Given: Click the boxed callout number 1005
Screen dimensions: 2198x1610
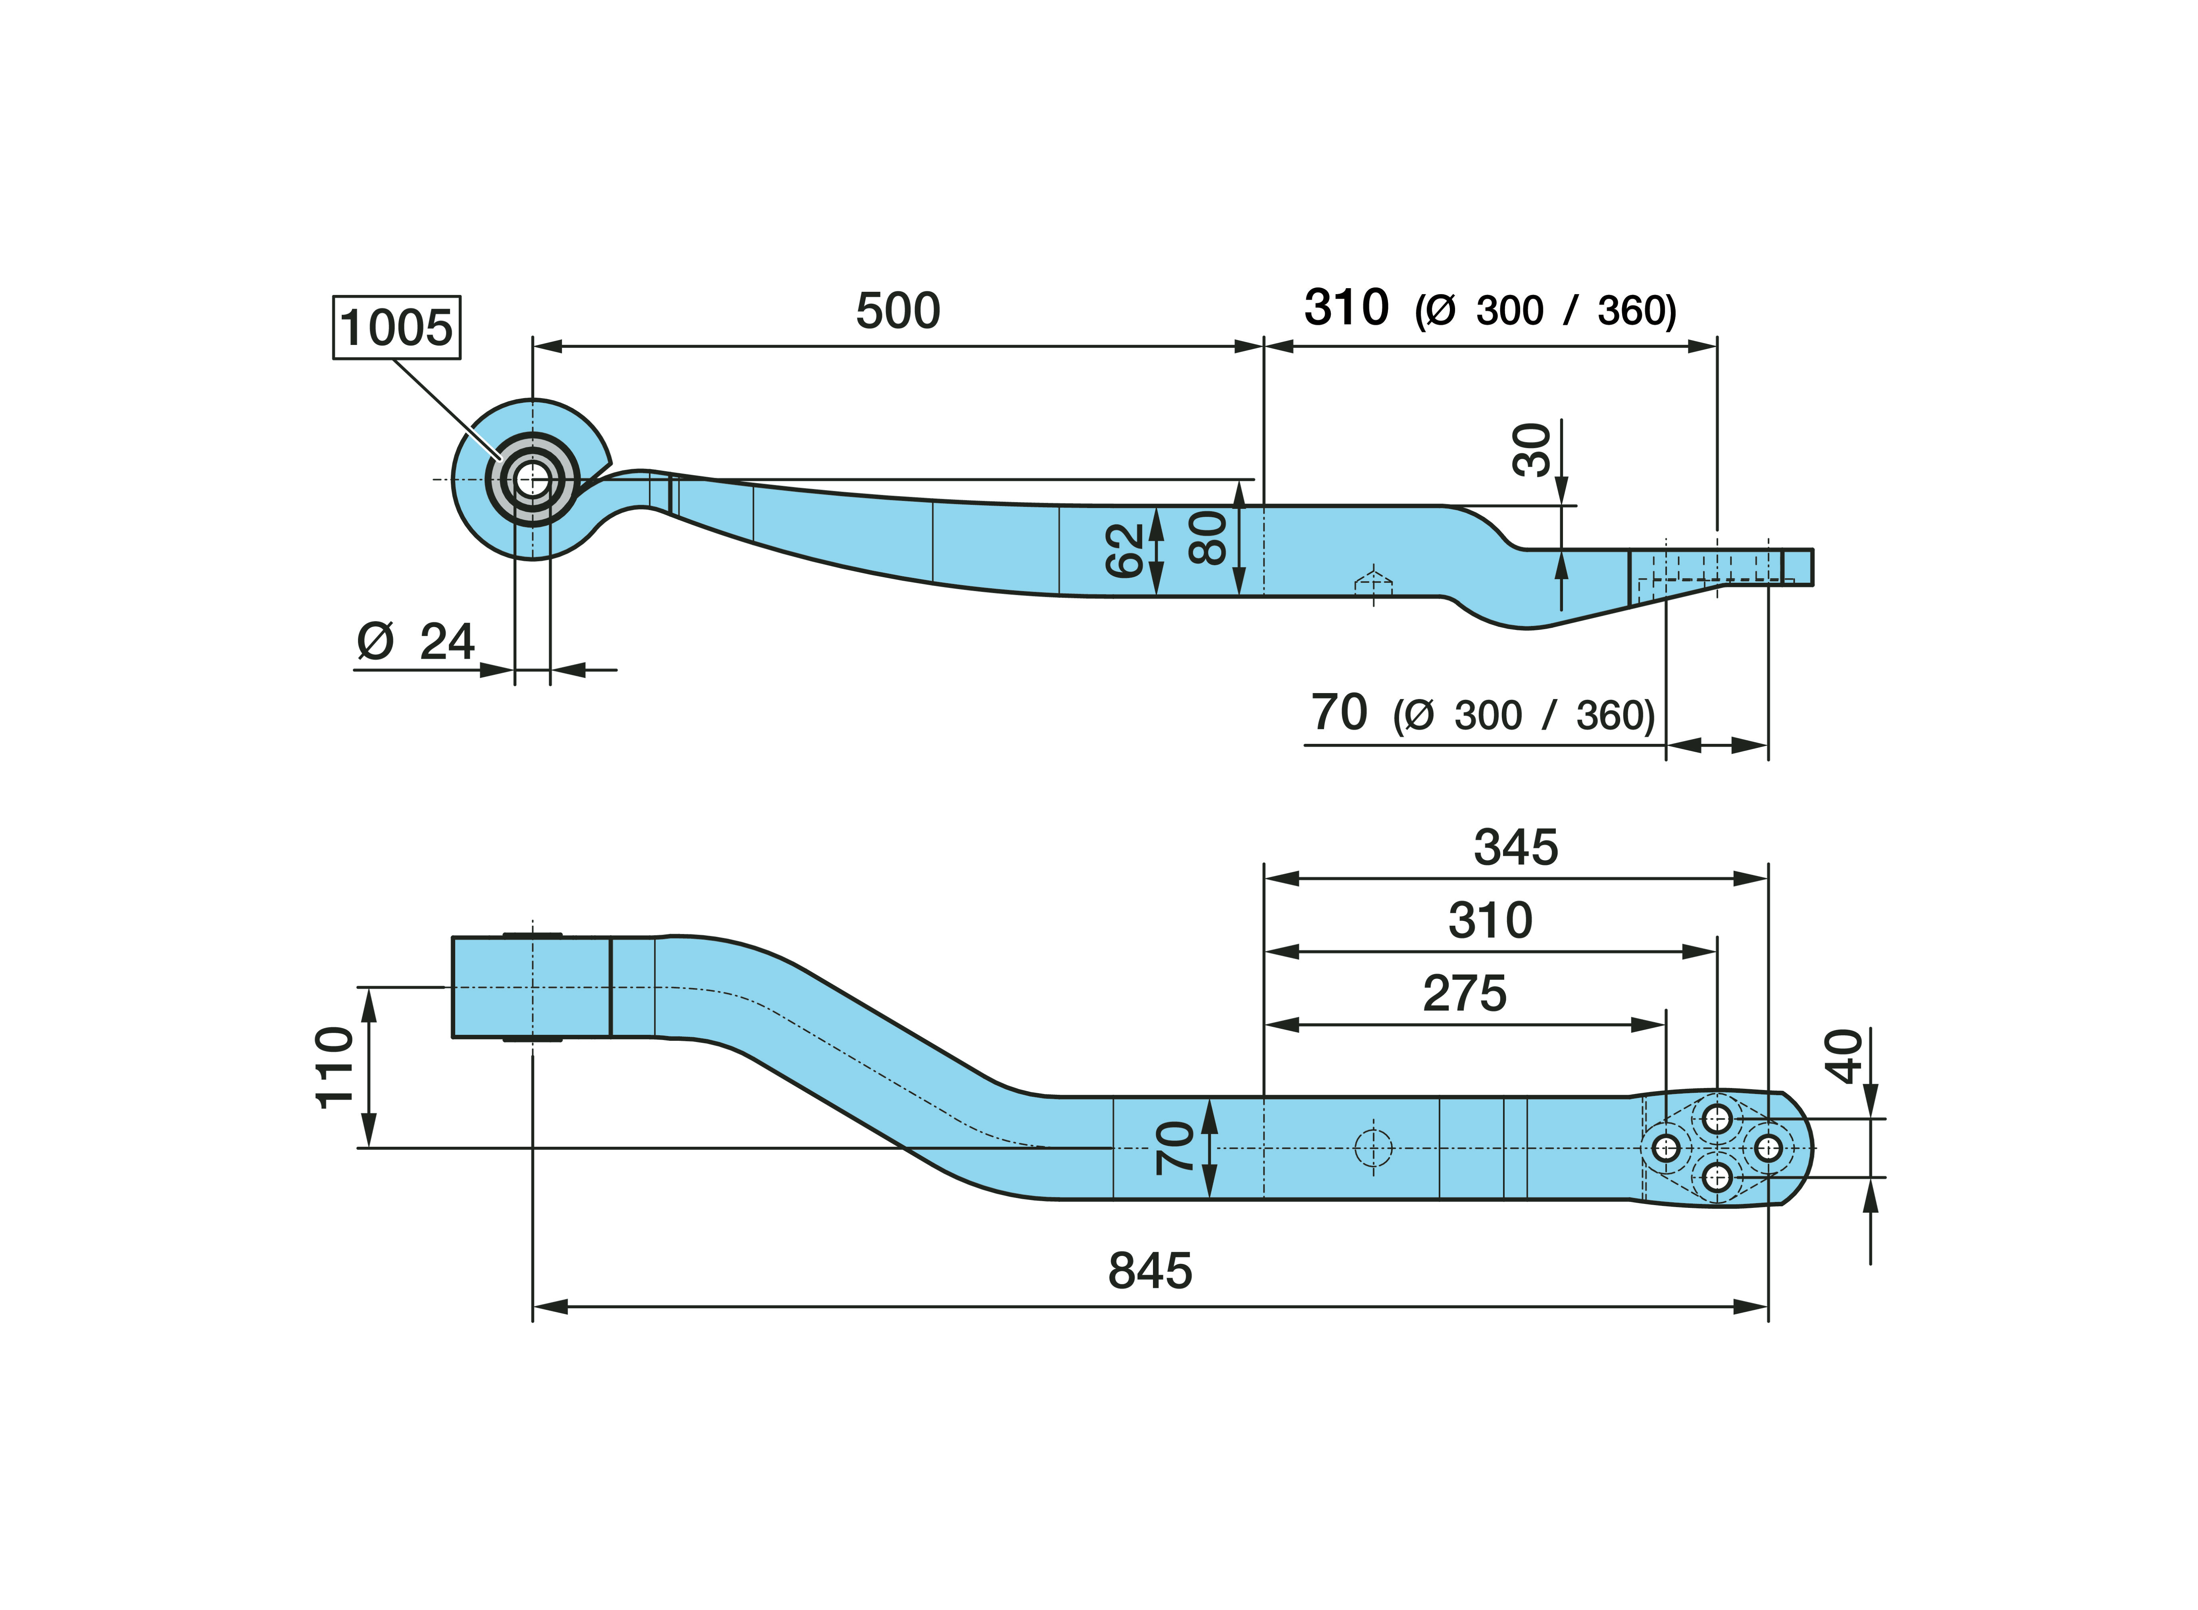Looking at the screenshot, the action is tap(396, 327).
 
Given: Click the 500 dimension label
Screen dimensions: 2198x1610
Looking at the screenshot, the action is tap(897, 311).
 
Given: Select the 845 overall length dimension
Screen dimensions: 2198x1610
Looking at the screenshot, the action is tap(1150, 1271).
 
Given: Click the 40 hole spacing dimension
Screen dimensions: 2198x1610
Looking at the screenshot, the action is tap(1844, 1056).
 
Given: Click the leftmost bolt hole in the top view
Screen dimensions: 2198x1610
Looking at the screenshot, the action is tap(1666, 1148).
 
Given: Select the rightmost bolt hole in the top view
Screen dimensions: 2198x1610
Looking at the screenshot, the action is tap(1768, 1148).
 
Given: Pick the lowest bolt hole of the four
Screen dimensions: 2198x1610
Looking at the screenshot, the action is tap(1717, 1177).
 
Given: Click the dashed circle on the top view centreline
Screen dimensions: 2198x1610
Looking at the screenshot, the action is tap(1374, 1148).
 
